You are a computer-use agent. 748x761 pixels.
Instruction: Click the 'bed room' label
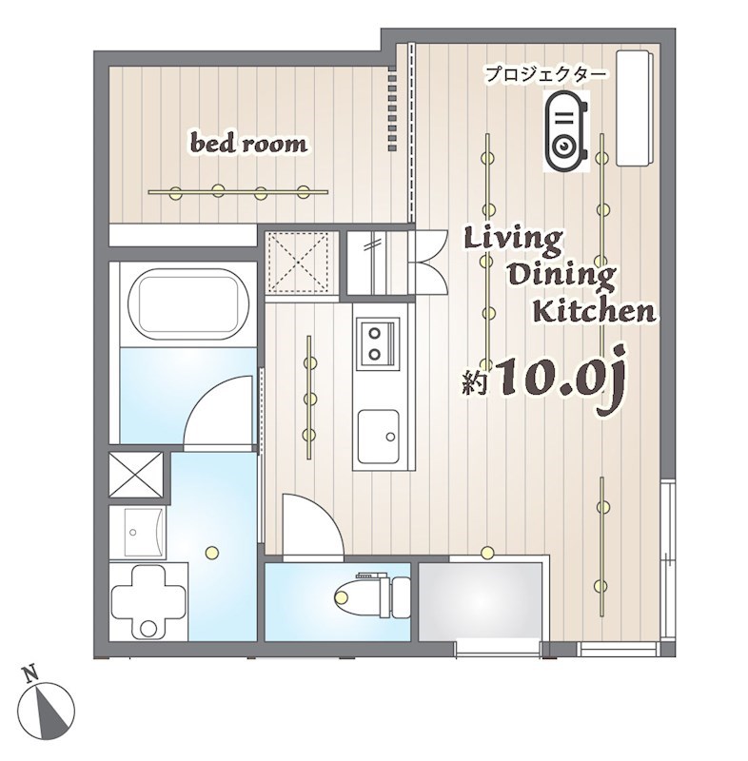(249, 145)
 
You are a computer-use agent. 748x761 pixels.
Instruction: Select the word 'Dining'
(561, 276)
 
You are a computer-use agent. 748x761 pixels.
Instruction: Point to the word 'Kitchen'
(592, 311)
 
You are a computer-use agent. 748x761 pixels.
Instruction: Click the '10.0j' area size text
(556, 379)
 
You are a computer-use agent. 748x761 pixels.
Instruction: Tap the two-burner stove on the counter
(377, 343)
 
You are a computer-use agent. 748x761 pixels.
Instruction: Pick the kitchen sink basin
(379, 436)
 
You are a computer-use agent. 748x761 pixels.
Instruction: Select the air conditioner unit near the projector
(634, 107)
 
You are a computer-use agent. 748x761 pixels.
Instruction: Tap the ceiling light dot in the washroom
(211, 551)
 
